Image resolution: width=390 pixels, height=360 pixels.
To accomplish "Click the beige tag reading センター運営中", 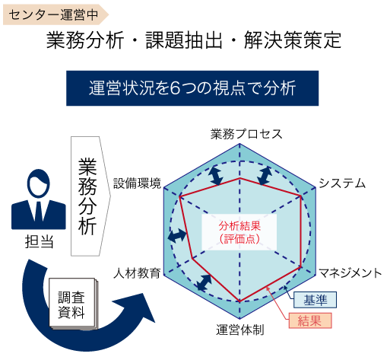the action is pyautogui.click(x=55, y=14).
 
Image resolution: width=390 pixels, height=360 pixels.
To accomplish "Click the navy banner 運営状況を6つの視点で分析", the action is pyautogui.click(x=192, y=88).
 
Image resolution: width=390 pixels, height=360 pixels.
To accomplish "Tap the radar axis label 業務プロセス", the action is pyautogui.click(x=246, y=134).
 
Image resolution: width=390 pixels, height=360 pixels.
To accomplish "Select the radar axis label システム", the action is pyautogui.click(x=342, y=183).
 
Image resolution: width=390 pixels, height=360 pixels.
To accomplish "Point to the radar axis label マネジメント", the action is pyautogui.click(x=350, y=273).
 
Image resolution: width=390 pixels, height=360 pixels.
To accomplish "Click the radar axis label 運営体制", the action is pyautogui.click(x=240, y=330).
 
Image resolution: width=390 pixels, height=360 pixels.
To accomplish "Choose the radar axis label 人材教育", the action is pyautogui.click(x=137, y=273).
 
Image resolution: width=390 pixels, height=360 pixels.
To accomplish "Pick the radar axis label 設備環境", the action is pyautogui.click(x=137, y=183).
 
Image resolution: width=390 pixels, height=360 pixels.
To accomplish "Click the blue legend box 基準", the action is pyautogui.click(x=315, y=300).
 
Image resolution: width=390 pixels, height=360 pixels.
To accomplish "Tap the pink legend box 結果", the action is pyautogui.click(x=310, y=320).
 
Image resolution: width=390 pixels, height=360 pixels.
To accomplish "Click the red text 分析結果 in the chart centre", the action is pyautogui.click(x=239, y=225).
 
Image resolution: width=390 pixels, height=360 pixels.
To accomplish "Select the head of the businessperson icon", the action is pyautogui.click(x=39, y=183).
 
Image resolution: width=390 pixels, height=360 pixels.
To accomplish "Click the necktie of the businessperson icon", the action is pyautogui.click(x=39, y=212).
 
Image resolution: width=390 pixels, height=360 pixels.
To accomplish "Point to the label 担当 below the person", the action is pyautogui.click(x=39, y=241).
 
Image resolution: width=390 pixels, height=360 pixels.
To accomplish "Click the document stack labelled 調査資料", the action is pyautogui.click(x=72, y=304).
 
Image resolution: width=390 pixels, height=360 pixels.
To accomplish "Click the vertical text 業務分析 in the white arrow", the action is pyautogui.click(x=87, y=196).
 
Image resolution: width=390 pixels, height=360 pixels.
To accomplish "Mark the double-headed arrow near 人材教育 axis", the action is pyautogui.click(x=205, y=282).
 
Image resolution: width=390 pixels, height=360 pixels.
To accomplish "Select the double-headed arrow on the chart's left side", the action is pyautogui.click(x=177, y=235).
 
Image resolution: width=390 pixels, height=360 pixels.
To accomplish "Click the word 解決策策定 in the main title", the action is pyautogui.click(x=293, y=40).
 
